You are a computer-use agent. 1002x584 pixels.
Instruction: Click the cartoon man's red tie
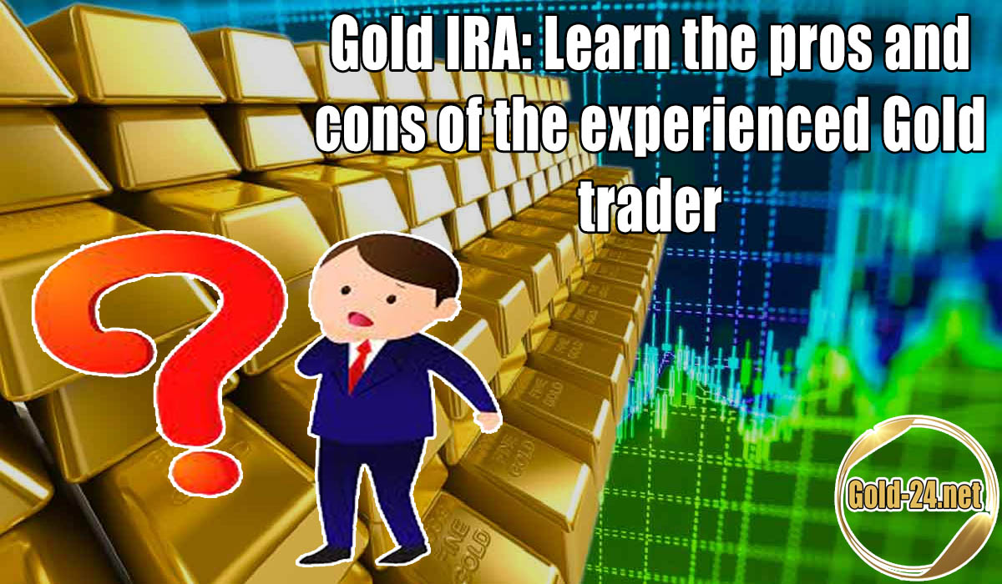coord(360,364)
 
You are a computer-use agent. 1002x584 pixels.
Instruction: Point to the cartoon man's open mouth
coord(361,320)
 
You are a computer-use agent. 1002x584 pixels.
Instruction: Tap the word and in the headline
coord(931,45)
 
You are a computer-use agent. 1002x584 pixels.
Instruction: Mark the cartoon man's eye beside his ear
coord(391,299)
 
